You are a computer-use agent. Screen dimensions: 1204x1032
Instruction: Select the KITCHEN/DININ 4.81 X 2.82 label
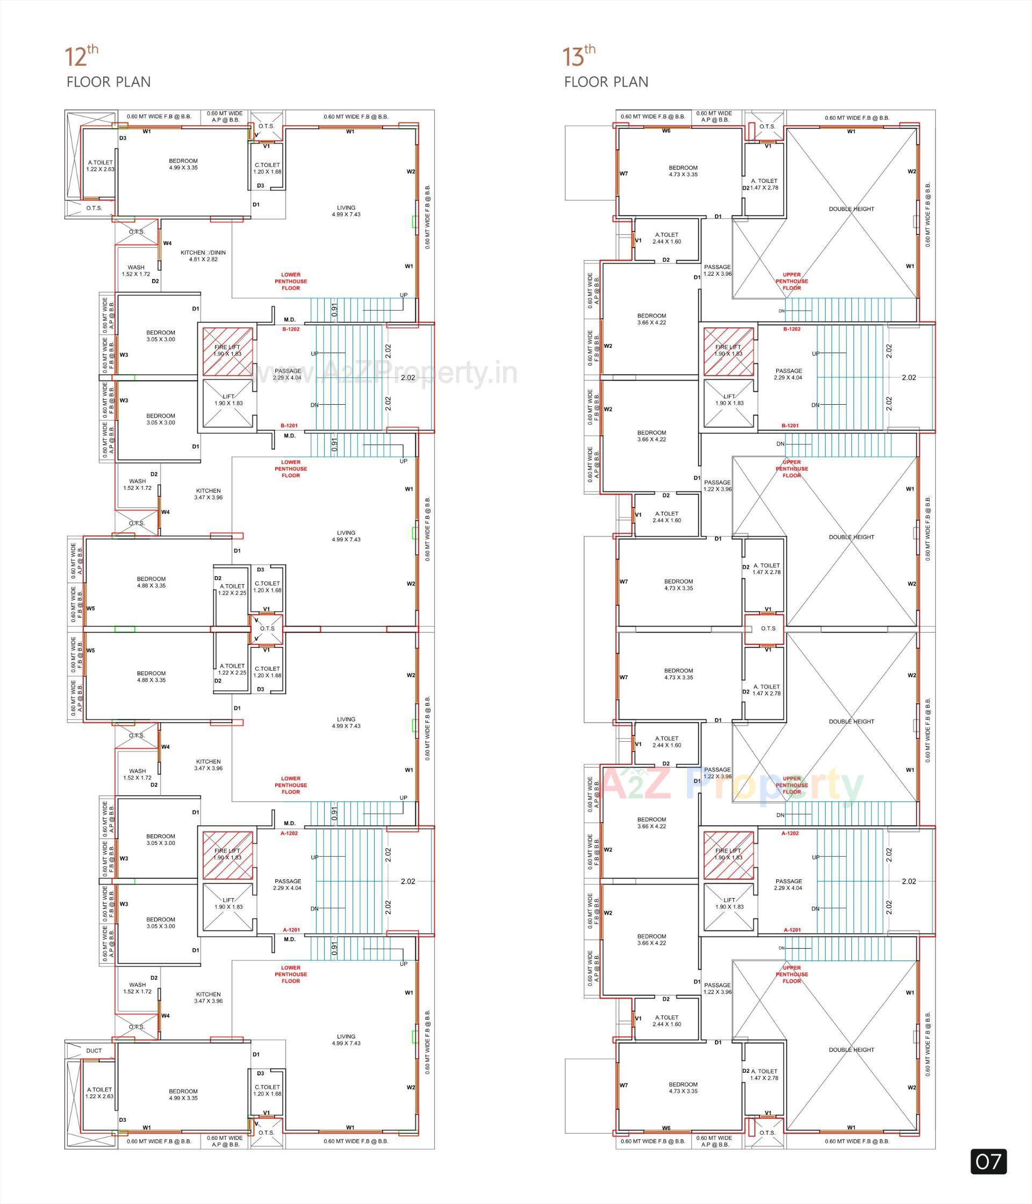click(x=203, y=256)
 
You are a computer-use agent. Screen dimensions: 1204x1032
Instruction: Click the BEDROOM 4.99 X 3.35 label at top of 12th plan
click(x=183, y=164)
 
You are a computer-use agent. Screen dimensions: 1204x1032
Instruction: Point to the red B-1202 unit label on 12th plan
click(x=291, y=329)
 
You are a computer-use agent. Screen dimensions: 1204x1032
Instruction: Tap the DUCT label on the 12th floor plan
click(x=94, y=1051)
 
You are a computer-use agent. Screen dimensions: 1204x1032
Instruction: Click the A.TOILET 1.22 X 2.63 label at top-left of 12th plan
click(x=100, y=166)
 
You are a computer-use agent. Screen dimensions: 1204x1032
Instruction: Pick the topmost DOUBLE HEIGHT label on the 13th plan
click(x=851, y=209)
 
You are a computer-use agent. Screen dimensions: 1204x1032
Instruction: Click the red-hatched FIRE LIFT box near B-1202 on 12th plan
click(x=227, y=351)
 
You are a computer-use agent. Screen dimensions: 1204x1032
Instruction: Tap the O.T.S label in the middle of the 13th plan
click(x=768, y=628)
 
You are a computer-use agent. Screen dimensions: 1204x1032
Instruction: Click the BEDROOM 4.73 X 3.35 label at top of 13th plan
click(x=683, y=171)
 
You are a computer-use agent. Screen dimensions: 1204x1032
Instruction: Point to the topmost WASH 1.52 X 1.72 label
click(x=136, y=271)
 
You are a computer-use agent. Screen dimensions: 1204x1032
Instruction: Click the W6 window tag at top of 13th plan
click(x=666, y=131)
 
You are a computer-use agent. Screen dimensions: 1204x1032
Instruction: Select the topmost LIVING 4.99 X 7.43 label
click(x=346, y=211)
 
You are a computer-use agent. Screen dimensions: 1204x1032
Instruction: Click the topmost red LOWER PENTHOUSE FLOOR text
click(x=291, y=281)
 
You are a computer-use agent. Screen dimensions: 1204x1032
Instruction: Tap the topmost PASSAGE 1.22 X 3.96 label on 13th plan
click(x=717, y=270)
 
